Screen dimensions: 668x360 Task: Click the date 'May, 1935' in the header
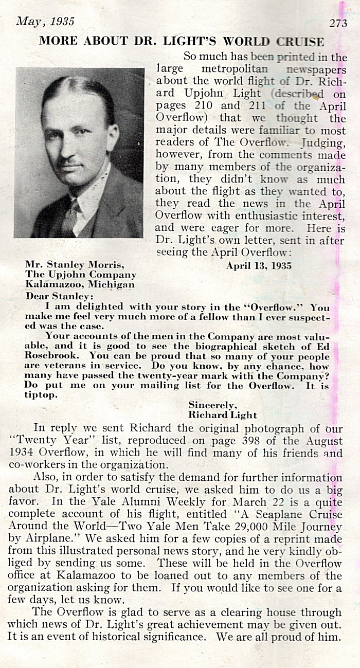[45, 21]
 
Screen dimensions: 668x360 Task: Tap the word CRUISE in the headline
[300, 42]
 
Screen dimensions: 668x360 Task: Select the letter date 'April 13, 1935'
[259, 266]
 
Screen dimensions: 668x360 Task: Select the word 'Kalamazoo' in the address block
[51, 284]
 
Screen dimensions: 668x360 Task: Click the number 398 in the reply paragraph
[278, 442]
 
